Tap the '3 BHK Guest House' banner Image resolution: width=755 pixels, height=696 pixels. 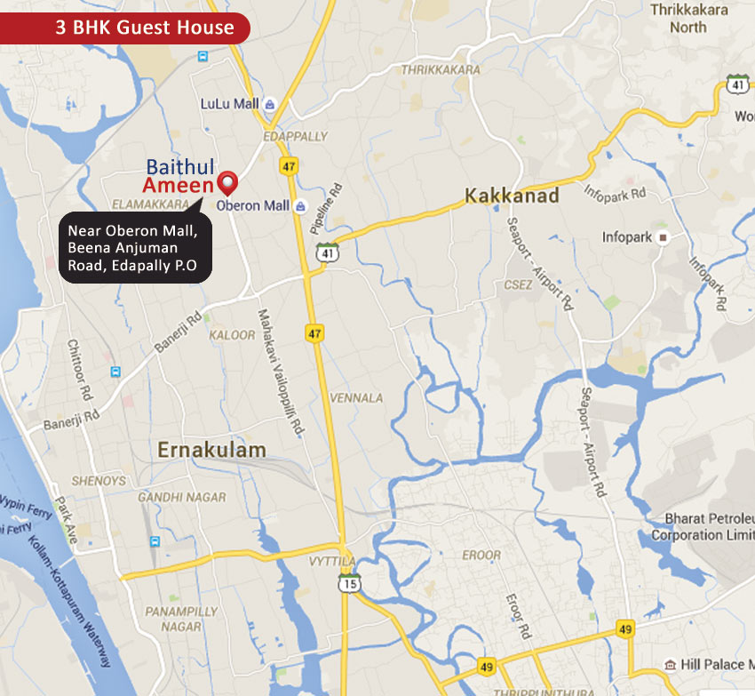[131, 28]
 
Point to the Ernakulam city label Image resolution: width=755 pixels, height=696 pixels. [211, 451]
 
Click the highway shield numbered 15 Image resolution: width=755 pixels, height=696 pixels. [349, 583]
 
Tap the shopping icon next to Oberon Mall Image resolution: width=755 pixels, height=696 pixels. [300, 206]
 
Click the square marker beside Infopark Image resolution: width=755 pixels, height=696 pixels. [662, 237]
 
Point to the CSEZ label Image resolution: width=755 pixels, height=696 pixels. [518, 285]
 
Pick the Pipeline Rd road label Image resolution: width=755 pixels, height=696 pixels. [324, 209]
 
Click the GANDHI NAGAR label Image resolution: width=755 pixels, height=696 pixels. [182, 498]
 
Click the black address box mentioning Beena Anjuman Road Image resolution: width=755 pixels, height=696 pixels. [136, 248]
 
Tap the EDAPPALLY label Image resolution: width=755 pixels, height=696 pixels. [296, 137]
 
